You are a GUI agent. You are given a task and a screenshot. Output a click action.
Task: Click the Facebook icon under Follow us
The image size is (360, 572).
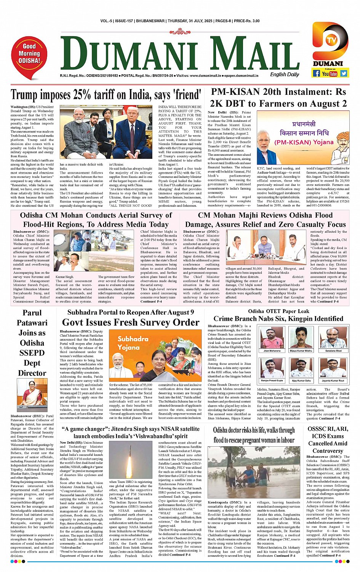(x=316, y=73)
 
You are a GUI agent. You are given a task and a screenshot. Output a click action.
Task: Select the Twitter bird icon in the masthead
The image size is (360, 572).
(x=344, y=73)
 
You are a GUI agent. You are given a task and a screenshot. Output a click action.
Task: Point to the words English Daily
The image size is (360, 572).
(x=285, y=75)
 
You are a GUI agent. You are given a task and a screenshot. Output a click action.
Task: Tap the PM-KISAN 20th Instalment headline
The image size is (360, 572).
(x=278, y=97)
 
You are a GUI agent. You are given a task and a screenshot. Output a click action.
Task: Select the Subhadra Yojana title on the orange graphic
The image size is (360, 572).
(x=133, y=343)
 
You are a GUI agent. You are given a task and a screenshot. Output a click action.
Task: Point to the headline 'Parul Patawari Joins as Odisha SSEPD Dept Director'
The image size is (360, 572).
(x=32, y=343)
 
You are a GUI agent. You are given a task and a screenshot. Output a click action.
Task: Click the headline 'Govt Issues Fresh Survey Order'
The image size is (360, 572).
(x=131, y=323)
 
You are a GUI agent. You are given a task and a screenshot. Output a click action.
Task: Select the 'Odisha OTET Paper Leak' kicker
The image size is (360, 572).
(x=278, y=311)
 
